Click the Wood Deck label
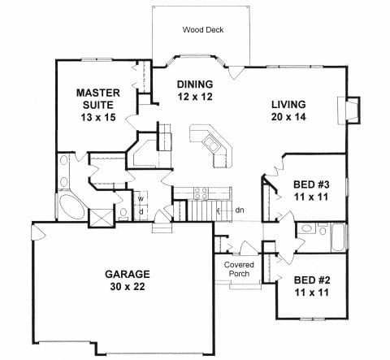[x=203, y=29]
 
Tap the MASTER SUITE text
[x=98, y=99]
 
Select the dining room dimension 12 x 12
[x=195, y=97]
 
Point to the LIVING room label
[x=288, y=104]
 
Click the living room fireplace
[x=349, y=111]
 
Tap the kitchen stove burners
[x=201, y=193]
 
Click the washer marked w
[x=141, y=198]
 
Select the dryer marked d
[x=141, y=212]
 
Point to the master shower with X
[x=101, y=218]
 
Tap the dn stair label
[x=240, y=210]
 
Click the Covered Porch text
[x=239, y=269]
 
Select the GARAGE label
[x=128, y=274]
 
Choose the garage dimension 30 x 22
[x=128, y=286]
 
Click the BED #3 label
[x=311, y=184]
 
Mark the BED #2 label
[x=312, y=280]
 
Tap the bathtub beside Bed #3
[x=338, y=237]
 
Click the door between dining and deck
[x=235, y=72]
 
